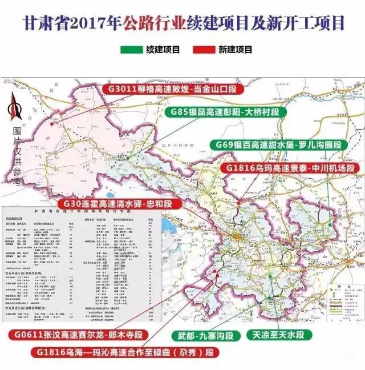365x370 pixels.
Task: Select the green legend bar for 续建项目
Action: pyautogui.click(x=131, y=50)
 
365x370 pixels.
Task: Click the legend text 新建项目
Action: pyautogui.click(x=235, y=50)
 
